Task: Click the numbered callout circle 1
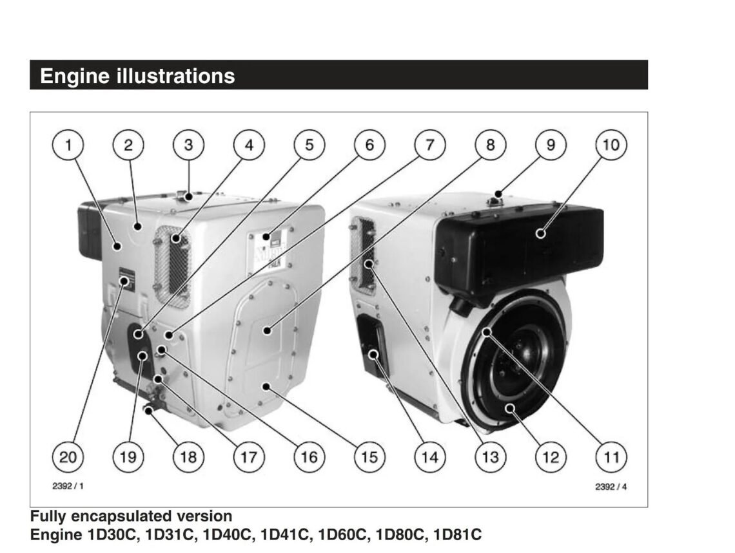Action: (x=68, y=145)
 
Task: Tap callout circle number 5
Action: (x=309, y=145)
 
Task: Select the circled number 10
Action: (x=611, y=145)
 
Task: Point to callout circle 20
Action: (x=68, y=457)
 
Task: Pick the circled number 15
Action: (x=370, y=457)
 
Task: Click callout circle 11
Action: (x=611, y=457)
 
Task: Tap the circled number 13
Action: (x=491, y=457)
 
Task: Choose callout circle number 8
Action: (x=491, y=145)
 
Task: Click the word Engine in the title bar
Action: (x=75, y=77)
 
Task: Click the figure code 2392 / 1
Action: (x=68, y=486)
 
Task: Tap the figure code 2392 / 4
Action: (x=611, y=487)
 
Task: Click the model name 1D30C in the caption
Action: (x=114, y=534)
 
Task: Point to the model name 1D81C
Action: (x=458, y=534)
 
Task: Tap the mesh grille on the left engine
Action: (x=172, y=267)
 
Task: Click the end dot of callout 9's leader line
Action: (x=498, y=194)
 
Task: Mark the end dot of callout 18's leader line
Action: (x=148, y=411)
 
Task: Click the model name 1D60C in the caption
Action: (x=342, y=534)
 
